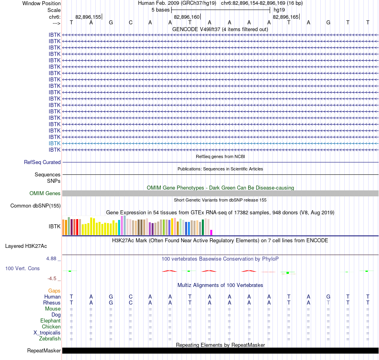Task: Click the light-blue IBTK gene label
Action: [x=54, y=143]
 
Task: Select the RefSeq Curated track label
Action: [x=42, y=162]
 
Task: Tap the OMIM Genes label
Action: [x=45, y=194]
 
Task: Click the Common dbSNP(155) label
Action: [x=36, y=206]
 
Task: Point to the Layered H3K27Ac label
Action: [x=26, y=246]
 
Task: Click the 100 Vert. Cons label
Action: [x=22, y=268]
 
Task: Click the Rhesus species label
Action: [x=52, y=303]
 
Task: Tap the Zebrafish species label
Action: [x=50, y=338]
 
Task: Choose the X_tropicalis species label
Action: [x=47, y=333]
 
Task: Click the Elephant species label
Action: [x=51, y=320]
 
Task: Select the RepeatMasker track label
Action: [x=44, y=350]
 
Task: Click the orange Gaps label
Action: [x=54, y=291]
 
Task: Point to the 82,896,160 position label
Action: [x=187, y=17]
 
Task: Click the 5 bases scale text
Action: [x=160, y=10]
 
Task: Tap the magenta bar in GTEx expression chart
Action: [x=211, y=232]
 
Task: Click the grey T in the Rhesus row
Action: [x=328, y=303]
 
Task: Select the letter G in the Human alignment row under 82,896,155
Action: [x=111, y=297]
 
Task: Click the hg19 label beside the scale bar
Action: [x=279, y=10]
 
